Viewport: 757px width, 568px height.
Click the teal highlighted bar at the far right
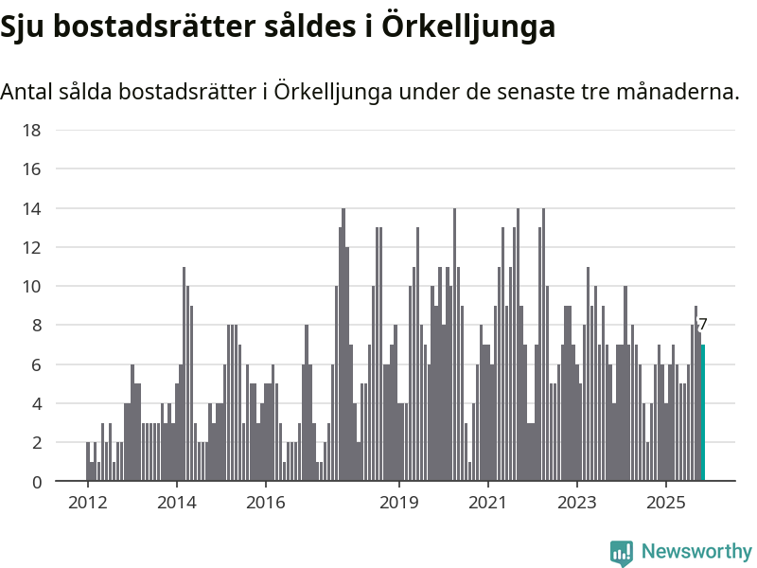pos(703,413)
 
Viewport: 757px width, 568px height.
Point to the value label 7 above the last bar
pos(703,325)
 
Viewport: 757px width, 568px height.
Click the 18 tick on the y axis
pos(31,130)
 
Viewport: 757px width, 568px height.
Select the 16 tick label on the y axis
pos(31,169)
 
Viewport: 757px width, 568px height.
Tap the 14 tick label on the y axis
pos(31,208)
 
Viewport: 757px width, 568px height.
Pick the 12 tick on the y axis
pos(31,247)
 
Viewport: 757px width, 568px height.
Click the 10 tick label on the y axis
pos(31,286)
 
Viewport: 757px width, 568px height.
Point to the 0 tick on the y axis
pos(36,482)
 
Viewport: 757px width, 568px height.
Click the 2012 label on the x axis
pos(87,501)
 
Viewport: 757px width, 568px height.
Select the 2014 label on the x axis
pos(176,501)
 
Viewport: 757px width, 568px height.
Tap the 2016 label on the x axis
pos(265,501)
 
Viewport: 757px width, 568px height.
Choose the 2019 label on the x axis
pos(398,501)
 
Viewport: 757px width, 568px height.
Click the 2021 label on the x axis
pos(487,501)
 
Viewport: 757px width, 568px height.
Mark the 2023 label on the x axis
pos(576,501)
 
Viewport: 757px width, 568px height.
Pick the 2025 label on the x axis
pos(665,501)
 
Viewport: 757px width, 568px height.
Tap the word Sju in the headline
pos(24,27)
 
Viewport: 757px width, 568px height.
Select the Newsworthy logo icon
pos(622,552)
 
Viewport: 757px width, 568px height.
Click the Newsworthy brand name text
pos(696,551)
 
